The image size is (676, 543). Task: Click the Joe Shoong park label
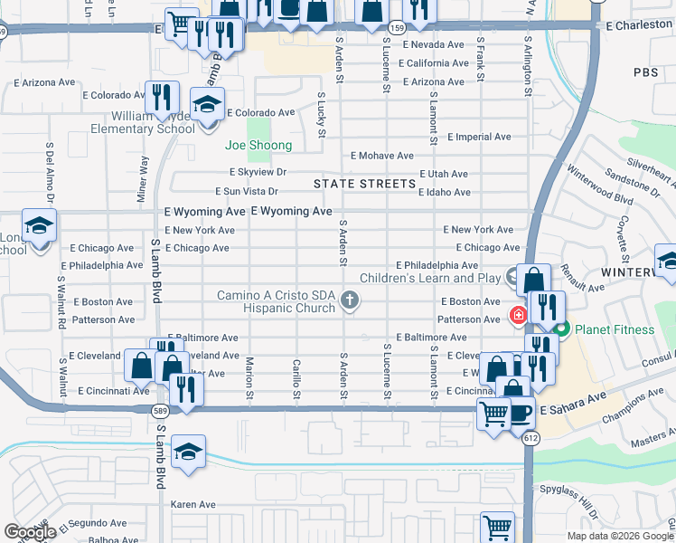coord(258,146)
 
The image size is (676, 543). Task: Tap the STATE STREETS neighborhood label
coord(364,184)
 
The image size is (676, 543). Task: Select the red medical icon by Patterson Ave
coord(519,315)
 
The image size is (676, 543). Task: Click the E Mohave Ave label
coord(382,156)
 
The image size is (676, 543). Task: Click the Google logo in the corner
coord(30,532)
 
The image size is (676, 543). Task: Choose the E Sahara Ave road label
coord(572,410)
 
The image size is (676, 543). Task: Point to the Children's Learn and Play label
coord(430,278)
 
